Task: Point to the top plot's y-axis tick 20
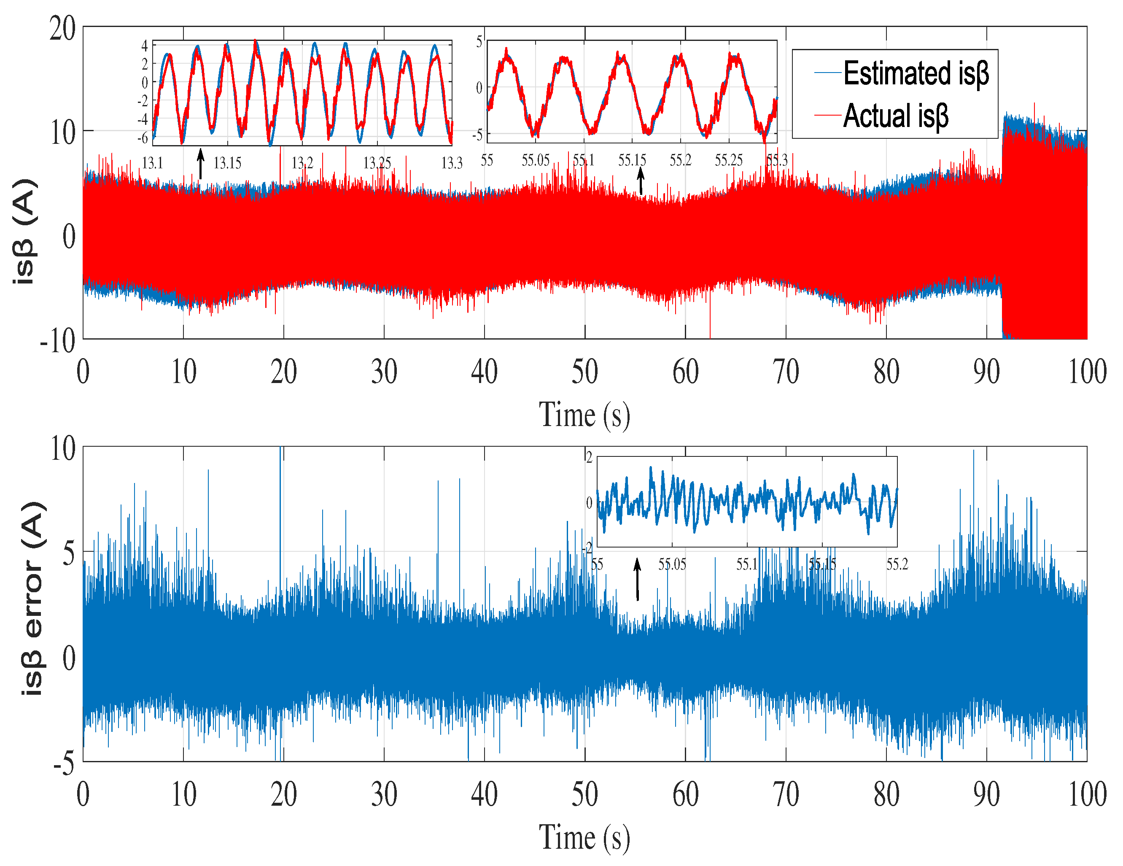tap(62, 28)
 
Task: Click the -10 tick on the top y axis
tap(58, 340)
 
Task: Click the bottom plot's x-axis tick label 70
tap(786, 795)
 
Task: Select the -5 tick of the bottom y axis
tap(64, 763)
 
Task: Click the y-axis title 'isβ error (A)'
tap(34, 599)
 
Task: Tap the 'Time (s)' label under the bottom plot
tap(584, 837)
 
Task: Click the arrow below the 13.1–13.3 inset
tap(201, 164)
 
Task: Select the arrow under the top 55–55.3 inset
tap(641, 182)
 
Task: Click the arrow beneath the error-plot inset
tap(638, 579)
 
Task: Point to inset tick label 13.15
tap(227, 164)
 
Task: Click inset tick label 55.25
tap(729, 160)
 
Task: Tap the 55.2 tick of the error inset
tap(897, 565)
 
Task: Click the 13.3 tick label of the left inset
tap(452, 164)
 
